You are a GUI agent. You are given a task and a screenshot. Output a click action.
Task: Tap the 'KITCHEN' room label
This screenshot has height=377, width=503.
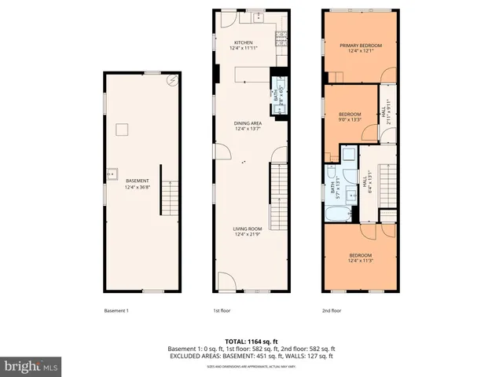[244, 42]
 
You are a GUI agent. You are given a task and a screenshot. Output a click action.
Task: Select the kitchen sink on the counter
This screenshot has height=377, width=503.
[258, 16]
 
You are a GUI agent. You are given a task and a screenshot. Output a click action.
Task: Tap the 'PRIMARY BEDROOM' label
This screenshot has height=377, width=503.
[361, 46]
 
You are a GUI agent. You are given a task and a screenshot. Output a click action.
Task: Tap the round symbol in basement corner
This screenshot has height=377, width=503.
[173, 80]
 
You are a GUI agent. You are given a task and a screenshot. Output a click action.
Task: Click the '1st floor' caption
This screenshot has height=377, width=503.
[222, 310]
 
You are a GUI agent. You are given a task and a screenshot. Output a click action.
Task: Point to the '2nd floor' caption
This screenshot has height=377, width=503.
[332, 310]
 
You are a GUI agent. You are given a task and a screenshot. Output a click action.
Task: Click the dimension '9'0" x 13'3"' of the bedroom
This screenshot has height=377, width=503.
[350, 119]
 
